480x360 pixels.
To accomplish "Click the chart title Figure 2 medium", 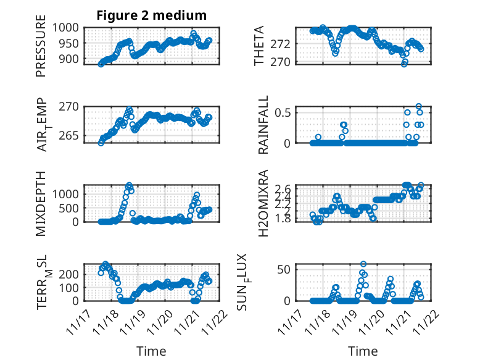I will point(151,15).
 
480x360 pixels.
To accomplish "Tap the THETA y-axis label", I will point(260,46).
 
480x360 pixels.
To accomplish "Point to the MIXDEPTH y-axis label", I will point(41,203).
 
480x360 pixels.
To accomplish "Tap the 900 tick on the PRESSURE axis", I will point(68,59).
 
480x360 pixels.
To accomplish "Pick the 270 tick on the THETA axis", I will point(284,62).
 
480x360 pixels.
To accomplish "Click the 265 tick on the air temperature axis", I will point(68,136).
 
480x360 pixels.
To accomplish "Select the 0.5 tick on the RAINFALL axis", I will point(284,112).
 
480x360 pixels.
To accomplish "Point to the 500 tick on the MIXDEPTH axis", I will point(68,207).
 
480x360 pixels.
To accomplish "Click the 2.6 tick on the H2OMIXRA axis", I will point(284,188).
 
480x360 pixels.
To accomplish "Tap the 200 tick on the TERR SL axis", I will point(68,274).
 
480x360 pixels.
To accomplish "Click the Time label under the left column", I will point(151,351).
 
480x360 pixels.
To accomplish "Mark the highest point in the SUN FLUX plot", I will point(363,264).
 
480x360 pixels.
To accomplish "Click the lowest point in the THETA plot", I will point(404,63).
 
